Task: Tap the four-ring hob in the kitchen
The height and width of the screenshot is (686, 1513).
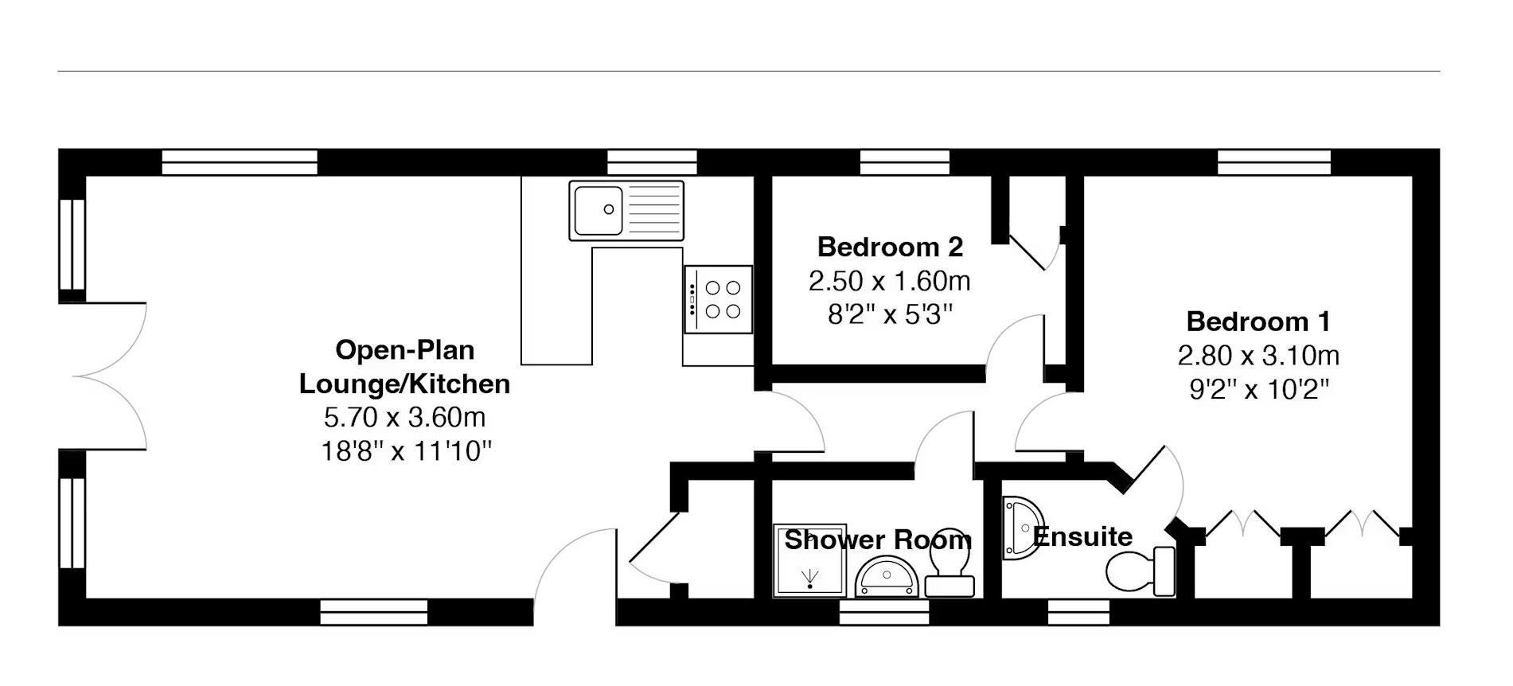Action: [x=718, y=299]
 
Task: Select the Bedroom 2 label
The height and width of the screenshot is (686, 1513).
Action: [x=890, y=247]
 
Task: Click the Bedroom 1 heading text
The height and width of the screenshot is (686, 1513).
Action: [x=1258, y=322]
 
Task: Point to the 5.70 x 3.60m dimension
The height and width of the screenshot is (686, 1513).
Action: [x=404, y=417]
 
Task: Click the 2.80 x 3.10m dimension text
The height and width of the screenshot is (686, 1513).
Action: [x=1258, y=355]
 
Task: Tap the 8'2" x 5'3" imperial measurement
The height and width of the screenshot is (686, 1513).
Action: [x=890, y=315]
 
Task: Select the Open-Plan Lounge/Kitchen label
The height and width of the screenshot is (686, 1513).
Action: [x=404, y=367]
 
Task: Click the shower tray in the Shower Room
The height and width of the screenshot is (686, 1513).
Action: [x=799, y=560]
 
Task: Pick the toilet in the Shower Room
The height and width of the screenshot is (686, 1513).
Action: [x=950, y=571]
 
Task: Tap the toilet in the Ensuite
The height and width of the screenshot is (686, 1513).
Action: [x=1141, y=571]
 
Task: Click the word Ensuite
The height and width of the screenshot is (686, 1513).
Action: [x=1082, y=536]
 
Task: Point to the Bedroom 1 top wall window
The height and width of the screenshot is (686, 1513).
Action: [x=1273, y=162]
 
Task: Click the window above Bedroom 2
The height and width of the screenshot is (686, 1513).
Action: [x=905, y=162]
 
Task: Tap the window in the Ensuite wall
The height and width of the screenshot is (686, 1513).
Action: [x=1078, y=612]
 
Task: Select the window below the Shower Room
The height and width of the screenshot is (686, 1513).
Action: [x=884, y=612]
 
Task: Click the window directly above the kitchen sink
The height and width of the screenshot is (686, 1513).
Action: [x=653, y=162]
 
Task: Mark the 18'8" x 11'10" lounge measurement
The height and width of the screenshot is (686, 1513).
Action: [x=406, y=451]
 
